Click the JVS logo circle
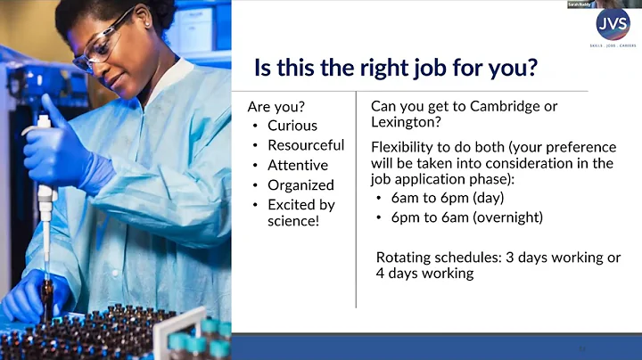(x=613, y=25)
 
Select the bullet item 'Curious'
(x=292, y=126)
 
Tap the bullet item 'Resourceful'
(x=305, y=145)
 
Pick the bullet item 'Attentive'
(x=297, y=165)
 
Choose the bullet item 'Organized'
(x=300, y=185)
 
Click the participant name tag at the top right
(x=580, y=4)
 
